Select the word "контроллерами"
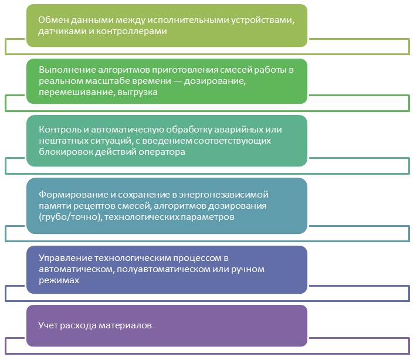[131, 32]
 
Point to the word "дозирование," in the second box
[215, 81]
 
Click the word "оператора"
[162, 152]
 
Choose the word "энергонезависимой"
[223, 195]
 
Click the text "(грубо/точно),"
[70, 217]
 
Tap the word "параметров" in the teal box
[208, 217]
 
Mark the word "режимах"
[59, 280]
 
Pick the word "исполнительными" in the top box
[188, 20]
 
